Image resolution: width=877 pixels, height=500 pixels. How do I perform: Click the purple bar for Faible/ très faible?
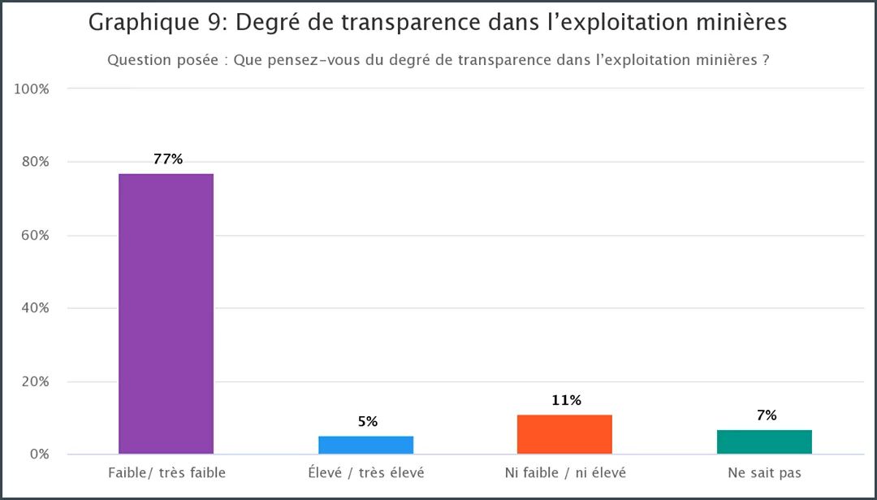[x=166, y=313]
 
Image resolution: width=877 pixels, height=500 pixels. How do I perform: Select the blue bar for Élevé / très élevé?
[x=365, y=445]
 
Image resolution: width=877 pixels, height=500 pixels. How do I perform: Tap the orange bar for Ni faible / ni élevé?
[x=564, y=434]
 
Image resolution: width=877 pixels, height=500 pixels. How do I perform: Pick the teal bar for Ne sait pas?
[x=764, y=441]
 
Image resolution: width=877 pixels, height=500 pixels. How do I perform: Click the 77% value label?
[x=168, y=159]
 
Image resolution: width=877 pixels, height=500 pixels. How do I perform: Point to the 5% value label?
[x=367, y=422]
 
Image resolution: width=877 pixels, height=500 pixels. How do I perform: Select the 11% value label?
[x=566, y=400]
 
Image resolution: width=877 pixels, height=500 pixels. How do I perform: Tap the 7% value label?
[x=766, y=415]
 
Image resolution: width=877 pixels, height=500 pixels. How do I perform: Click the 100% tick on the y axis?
[x=33, y=89]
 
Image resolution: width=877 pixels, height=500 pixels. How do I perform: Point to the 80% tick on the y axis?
[x=36, y=162]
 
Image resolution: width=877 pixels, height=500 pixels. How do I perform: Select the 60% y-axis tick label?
[x=36, y=235]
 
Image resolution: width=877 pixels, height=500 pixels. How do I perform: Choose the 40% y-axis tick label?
[x=36, y=308]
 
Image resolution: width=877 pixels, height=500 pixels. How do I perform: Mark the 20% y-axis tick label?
[x=36, y=381]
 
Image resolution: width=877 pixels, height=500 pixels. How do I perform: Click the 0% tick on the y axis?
[x=39, y=454]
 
